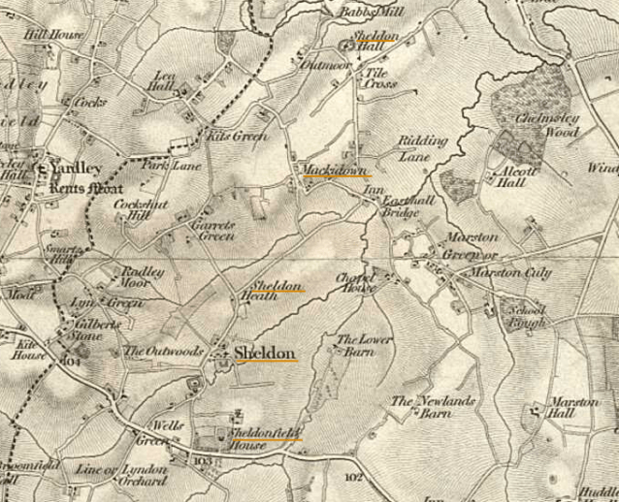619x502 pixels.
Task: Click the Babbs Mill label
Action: point(358,11)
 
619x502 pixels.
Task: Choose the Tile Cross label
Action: point(379,78)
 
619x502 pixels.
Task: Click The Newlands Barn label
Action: point(424,406)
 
